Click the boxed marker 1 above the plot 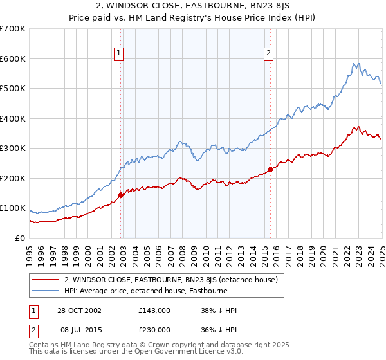click(x=120, y=54)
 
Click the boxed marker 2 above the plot click(x=268, y=54)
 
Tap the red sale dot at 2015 click(x=270, y=169)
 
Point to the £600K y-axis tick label click(x=13, y=59)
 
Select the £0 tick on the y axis click(x=21, y=238)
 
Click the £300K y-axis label click(x=13, y=148)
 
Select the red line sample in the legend click(x=46, y=280)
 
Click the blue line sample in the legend click(x=46, y=291)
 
